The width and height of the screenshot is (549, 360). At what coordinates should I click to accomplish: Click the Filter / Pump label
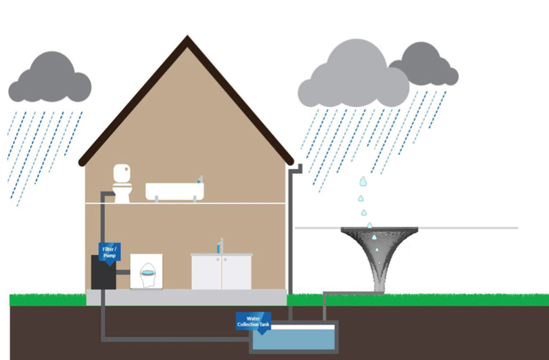[110, 252]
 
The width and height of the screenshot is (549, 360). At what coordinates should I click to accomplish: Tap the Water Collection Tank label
[253, 322]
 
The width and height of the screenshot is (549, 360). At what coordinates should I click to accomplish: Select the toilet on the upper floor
[122, 183]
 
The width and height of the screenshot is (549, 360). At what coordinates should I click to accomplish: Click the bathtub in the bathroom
[174, 191]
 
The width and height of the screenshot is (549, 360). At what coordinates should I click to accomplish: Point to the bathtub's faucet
[200, 179]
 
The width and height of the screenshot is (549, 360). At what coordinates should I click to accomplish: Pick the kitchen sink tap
[220, 246]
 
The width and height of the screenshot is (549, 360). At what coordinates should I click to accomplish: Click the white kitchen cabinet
[221, 271]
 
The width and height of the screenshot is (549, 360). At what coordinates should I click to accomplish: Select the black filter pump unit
[103, 272]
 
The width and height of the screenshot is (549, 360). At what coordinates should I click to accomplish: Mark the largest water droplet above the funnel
[364, 181]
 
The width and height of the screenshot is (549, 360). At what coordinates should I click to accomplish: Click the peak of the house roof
[187, 36]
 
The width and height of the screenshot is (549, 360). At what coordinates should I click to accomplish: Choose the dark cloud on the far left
[50, 78]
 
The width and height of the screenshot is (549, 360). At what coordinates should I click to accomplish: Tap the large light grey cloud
[354, 75]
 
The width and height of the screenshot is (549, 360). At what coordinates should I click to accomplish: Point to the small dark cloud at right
[425, 65]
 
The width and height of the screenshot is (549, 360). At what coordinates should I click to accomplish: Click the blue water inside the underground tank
[293, 339]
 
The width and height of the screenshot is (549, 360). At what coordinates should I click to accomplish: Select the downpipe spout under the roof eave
[296, 168]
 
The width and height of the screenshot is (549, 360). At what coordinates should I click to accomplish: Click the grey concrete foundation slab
[187, 297]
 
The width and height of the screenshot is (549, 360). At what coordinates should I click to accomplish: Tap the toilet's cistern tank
[122, 173]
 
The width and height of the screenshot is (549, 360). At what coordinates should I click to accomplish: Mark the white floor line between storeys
[185, 203]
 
